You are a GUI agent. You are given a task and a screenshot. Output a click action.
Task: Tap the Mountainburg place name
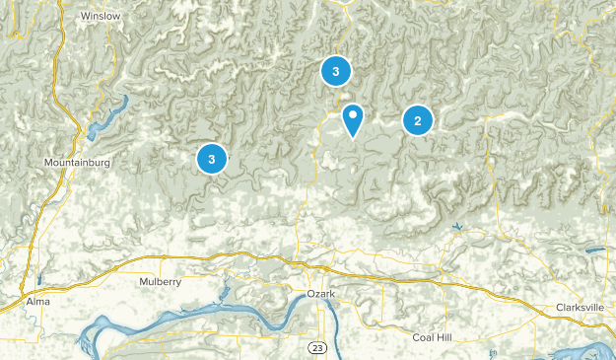coord(76,161)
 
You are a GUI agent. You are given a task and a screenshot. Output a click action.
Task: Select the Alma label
coord(37,300)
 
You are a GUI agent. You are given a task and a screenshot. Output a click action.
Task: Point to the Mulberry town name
coord(161,282)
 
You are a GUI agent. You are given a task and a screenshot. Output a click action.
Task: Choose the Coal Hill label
coord(432,337)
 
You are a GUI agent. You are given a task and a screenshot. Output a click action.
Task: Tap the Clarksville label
coord(579,307)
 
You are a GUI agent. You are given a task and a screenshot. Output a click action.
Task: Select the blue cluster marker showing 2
coord(417,120)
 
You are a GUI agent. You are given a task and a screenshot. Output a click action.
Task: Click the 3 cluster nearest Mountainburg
coord(211,158)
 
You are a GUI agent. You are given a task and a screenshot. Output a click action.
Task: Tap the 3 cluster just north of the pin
coord(335,71)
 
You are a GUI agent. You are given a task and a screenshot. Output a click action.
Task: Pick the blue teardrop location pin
coord(352,120)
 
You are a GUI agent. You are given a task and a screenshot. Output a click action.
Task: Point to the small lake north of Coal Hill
coord(457,229)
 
